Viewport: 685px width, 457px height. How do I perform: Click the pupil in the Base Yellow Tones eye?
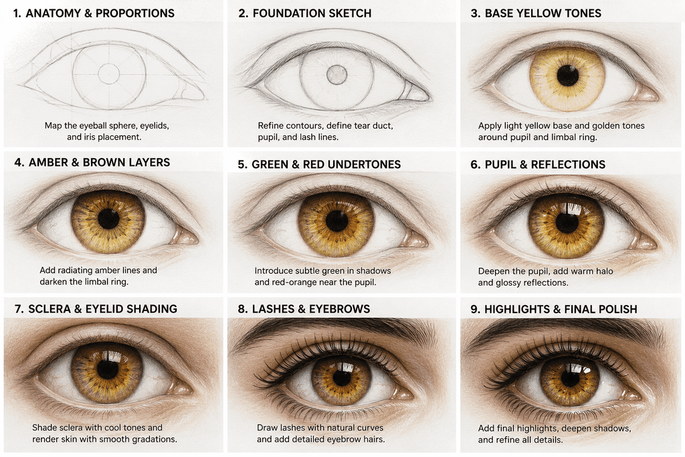click(x=567, y=75)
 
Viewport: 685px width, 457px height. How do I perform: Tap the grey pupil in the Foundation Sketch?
click(x=337, y=75)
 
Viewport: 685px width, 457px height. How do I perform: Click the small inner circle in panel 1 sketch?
click(x=109, y=74)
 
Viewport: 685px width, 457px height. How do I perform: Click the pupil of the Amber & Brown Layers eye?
click(x=108, y=218)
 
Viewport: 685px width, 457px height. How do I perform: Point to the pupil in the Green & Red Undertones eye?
click(x=337, y=221)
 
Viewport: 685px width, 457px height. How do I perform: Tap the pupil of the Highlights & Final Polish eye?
click(x=570, y=379)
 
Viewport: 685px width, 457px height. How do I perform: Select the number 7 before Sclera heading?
click(x=18, y=309)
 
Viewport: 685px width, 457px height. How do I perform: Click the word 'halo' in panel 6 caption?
click(x=604, y=271)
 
